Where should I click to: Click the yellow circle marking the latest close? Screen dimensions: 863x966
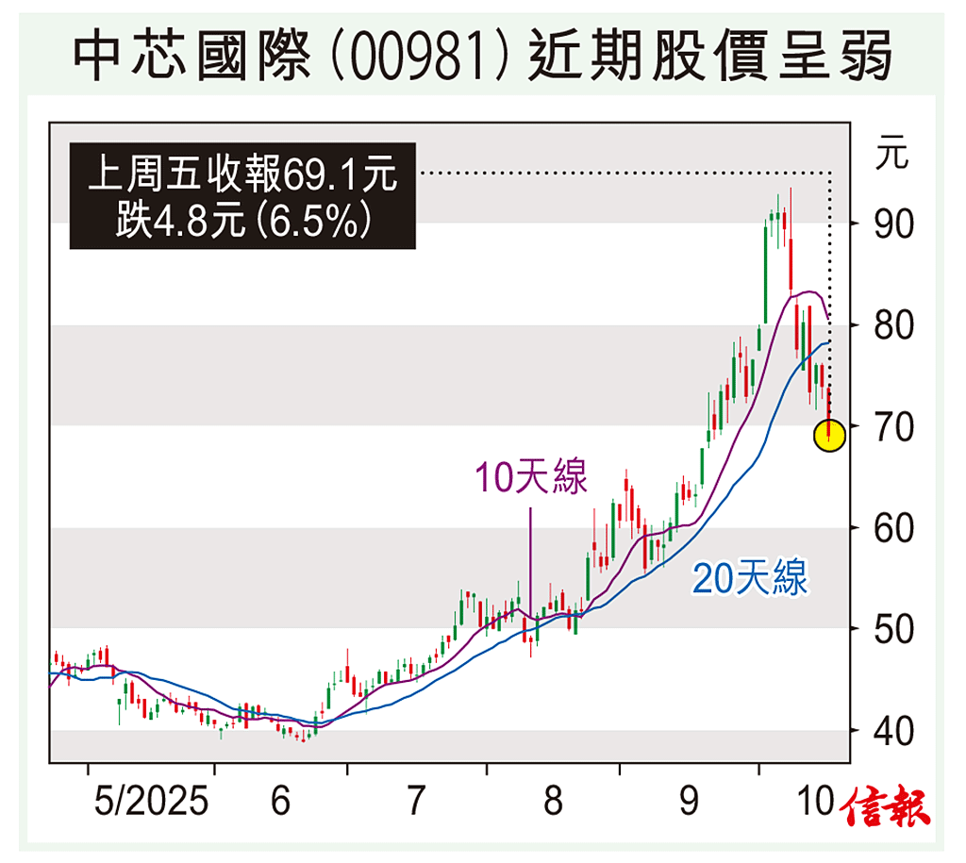click(828, 435)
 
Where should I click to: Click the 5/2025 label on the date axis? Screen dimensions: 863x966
click(151, 802)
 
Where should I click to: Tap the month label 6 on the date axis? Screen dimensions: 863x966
click(280, 802)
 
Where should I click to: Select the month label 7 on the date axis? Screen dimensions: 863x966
click(415, 802)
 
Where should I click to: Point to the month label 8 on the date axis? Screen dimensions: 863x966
click(553, 802)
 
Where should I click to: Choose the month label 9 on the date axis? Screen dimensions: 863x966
click(690, 802)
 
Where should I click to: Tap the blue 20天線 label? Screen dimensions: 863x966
click(750, 578)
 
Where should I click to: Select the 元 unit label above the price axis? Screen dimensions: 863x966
click(891, 152)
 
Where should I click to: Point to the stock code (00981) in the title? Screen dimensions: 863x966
click(436, 54)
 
